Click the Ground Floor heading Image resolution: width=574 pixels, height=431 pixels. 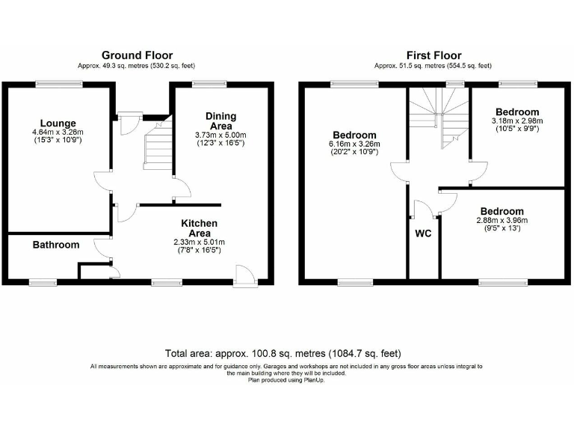pos(137,55)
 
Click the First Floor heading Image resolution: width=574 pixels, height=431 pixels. pos(433,55)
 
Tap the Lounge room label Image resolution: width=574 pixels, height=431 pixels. pos(58,123)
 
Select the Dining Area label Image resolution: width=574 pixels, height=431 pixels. pos(220,121)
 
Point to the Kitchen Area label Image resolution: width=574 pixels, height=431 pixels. pos(199,228)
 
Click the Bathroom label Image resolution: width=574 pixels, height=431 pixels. pos(55,245)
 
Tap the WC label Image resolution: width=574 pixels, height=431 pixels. pos(423,233)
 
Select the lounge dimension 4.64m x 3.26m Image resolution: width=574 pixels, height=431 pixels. pos(58,132)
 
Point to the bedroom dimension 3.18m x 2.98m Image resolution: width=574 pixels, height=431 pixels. pos(516,121)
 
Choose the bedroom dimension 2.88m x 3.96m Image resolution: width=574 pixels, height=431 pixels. pos(502,221)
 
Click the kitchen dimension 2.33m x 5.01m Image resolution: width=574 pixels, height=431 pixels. pos(199,242)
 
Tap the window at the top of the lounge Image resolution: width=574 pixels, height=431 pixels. pos(56,84)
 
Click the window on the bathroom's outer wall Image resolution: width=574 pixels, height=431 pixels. pos(43,282)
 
